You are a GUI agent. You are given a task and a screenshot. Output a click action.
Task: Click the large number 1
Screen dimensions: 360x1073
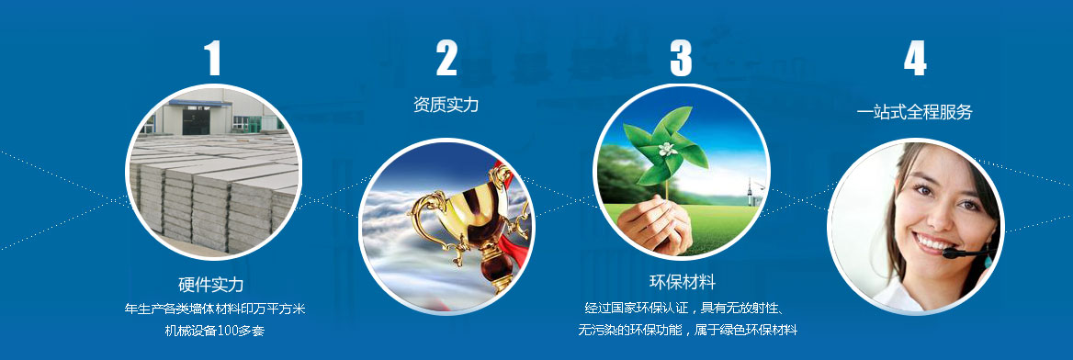[x=213, y=59]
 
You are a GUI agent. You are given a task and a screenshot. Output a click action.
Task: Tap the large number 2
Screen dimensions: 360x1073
[x=446, y=59]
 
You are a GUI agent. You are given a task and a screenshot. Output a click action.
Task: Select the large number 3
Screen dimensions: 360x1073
[x=681, y=59]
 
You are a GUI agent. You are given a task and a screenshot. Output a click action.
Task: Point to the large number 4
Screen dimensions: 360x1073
[x=915, y=59]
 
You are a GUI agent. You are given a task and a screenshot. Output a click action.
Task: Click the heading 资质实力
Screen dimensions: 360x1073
[x=446, y=105]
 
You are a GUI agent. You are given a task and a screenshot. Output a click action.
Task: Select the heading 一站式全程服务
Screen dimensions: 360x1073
[x=914, y=112]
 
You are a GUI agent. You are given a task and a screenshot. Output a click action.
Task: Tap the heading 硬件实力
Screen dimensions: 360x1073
[x=211, y=285]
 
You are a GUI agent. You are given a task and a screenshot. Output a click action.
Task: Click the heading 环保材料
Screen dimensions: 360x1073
[x=682, y=281]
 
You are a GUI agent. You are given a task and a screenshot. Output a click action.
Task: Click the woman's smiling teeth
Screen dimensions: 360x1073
[x=931, y=243]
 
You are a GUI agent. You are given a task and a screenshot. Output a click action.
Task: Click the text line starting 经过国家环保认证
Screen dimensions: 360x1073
[x=682, y=307]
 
